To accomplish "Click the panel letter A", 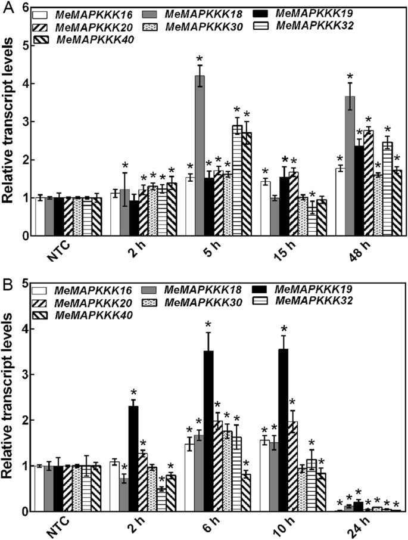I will [8, 8].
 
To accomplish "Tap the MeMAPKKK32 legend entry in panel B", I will [317, 302].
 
